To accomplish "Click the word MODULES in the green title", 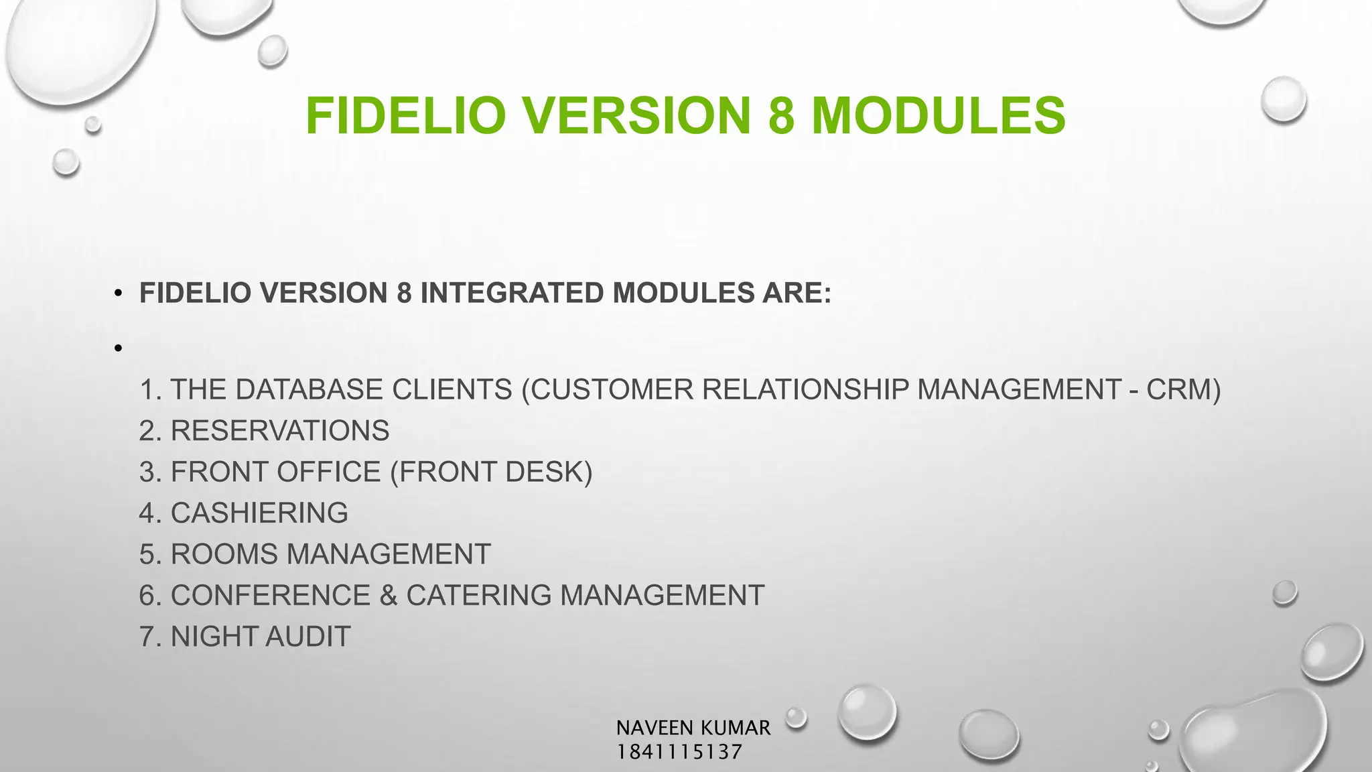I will click(938, 115).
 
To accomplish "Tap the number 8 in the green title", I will click(781, 115).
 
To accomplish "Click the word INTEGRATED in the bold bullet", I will click(512, 293).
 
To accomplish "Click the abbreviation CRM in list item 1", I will click(1183, 389).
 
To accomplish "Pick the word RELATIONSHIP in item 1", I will click(805, 389).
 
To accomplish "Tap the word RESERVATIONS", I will click(279, 430).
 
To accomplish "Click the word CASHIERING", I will click(259, 513).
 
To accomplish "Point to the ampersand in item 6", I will click(388, 595).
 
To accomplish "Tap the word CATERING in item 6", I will click(478, 595).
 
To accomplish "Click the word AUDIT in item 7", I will click(307, 636).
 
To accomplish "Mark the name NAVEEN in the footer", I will click(655, 728).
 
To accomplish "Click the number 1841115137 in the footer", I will click(679, 752).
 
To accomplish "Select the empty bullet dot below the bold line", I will click(119, 348).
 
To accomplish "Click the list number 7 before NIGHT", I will click(147, 636).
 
